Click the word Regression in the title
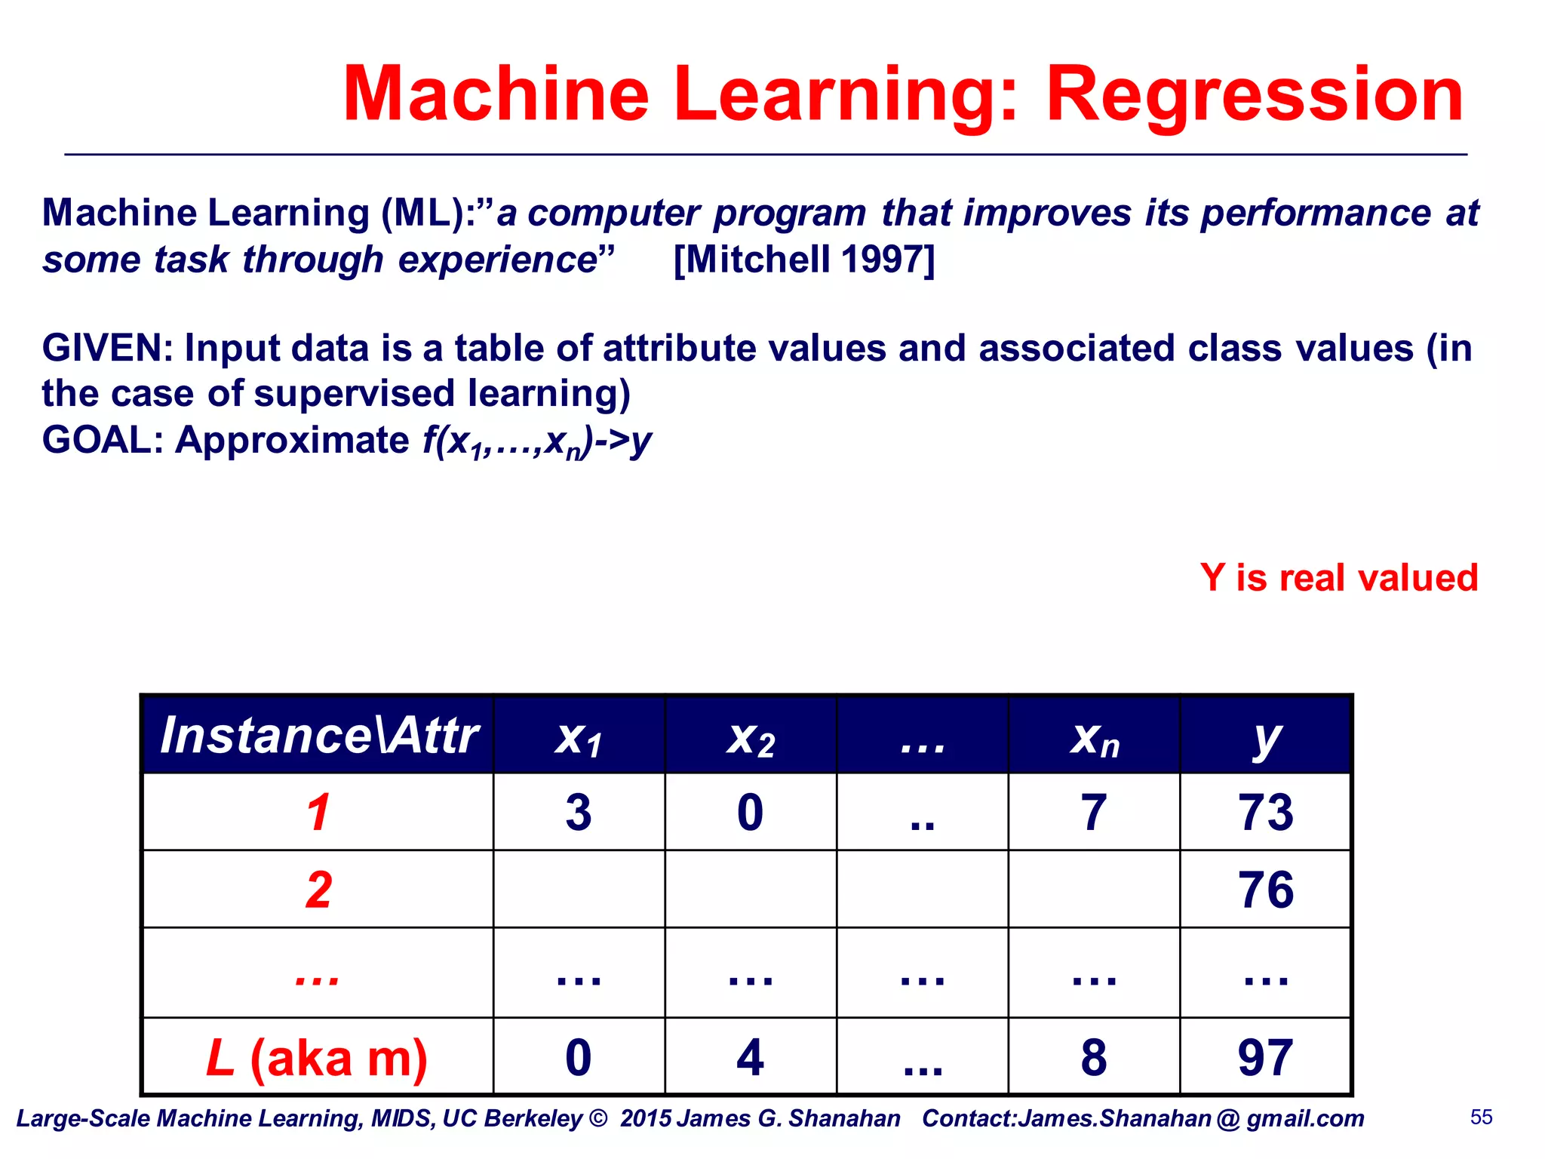(x=1254, y=94)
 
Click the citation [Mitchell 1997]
(x=803, y=260)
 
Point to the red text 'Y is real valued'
(x=1338, y=578)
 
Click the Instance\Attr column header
(x=318, y=736)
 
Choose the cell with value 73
(x=1266, y=813)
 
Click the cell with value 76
(x=1266, y=890)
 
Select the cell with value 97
(x=1266, y=1057)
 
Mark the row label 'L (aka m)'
(x=318, y=1057)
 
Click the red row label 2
(x=318, y=890)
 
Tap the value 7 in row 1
(x=1094, y=813)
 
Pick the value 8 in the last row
(x=1094, y=1057)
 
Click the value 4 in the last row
(x=751, y=1057)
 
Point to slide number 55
(x=1481, y=1117)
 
